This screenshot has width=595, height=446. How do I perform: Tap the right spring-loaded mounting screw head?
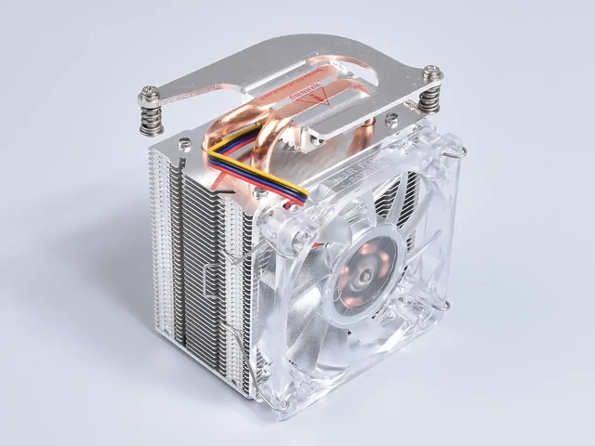point(434,70)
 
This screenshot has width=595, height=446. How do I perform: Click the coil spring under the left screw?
point(151,118)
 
